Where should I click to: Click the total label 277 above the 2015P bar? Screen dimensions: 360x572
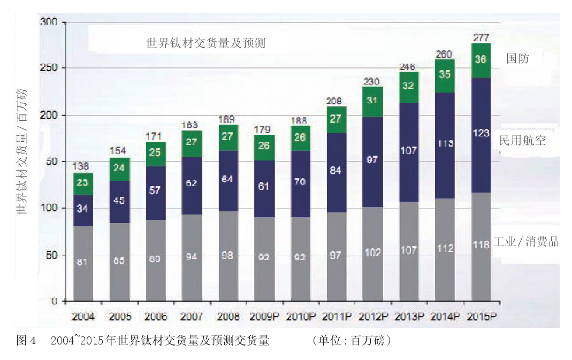click(x=481, y=37)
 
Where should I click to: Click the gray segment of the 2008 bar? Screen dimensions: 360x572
click(x=228, y=256)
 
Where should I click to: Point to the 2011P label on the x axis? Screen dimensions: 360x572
click(x=336, y=316)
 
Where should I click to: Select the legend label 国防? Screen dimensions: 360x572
click(x=517, y=59)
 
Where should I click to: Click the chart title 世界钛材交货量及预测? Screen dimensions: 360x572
click(x=205, y=43)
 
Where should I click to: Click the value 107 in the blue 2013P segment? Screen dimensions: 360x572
click(x=408, y=151)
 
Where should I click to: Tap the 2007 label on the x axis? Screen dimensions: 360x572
click(x=192, y=316)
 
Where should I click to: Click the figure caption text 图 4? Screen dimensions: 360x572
click(x=26, y=341)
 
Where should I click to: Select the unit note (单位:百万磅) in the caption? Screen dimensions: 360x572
click(x=352, y=341)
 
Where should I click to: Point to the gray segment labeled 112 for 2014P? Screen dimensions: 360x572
click(x=445, y=249)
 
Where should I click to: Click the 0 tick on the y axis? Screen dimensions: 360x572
click(x=55, y=302)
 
